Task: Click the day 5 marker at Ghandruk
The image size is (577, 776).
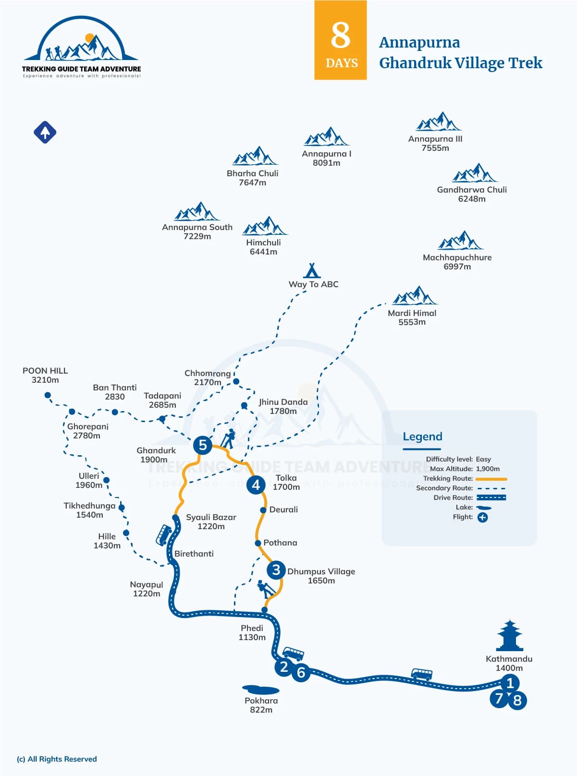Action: [202, 445]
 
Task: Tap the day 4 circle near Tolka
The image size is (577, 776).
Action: [256, 485]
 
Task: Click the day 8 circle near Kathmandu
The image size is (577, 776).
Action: [517, 701]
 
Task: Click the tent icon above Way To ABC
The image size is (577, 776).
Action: [312, 270]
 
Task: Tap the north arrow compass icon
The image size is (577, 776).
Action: [45, 132]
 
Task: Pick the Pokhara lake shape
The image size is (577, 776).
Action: [260, 690]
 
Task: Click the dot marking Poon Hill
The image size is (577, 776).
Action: [48, 395]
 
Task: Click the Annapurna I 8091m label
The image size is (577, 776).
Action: [326, 158]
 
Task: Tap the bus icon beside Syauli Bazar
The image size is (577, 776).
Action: [163, 534]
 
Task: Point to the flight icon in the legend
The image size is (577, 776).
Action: [482, 517]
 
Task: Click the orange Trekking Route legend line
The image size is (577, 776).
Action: [491, 479]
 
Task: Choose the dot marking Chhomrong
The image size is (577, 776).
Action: [236, 381]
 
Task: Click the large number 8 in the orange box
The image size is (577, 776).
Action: [340, 35]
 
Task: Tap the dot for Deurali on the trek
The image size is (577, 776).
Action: [263, 510]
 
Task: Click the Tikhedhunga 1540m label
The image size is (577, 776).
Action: [89, 510]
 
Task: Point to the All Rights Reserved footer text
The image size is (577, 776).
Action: [57, 759]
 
